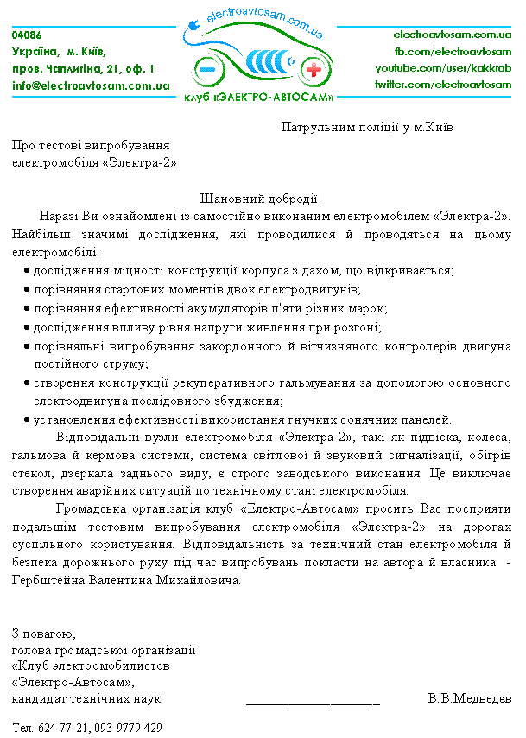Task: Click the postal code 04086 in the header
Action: [x=27, y=35]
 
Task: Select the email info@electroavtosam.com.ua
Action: [x=91, y=85]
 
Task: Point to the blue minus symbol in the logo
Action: [x=208, y=69]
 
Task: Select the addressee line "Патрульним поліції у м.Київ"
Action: [x=368, y=127]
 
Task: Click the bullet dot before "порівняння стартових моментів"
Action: [x=27, y=290]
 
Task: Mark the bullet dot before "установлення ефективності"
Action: [x=27, y=420]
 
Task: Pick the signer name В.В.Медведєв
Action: [x=469, y=697]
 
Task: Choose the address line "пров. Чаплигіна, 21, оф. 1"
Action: [x=84, y=68]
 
